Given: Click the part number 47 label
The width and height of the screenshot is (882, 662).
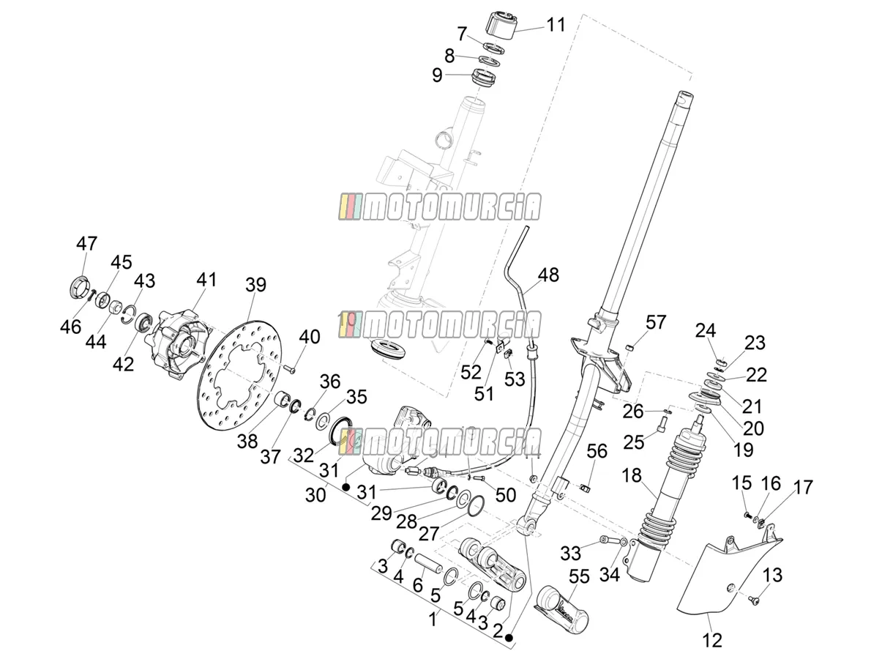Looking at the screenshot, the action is (87, 244).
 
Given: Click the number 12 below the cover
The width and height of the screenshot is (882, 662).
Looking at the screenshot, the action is (712, 640).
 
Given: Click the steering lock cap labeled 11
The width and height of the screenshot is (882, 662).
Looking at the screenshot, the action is (501, 26).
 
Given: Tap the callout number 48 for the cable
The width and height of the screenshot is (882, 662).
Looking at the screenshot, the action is (548, 275).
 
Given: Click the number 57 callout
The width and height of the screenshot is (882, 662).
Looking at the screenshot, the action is (656, 323).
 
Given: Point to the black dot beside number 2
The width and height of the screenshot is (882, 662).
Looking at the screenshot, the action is (510, 638).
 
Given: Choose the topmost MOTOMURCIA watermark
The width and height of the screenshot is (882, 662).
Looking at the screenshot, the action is (440, 207).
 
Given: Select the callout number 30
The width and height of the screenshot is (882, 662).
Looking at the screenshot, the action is (315, 495).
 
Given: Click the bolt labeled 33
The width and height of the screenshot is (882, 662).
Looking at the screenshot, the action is (607, 540).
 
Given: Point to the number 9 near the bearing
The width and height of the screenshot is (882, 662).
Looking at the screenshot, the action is (437, 75).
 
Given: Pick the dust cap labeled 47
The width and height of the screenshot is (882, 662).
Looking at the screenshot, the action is (79, 286).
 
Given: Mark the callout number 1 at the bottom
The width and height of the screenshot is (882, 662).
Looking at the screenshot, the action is (433, 620).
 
